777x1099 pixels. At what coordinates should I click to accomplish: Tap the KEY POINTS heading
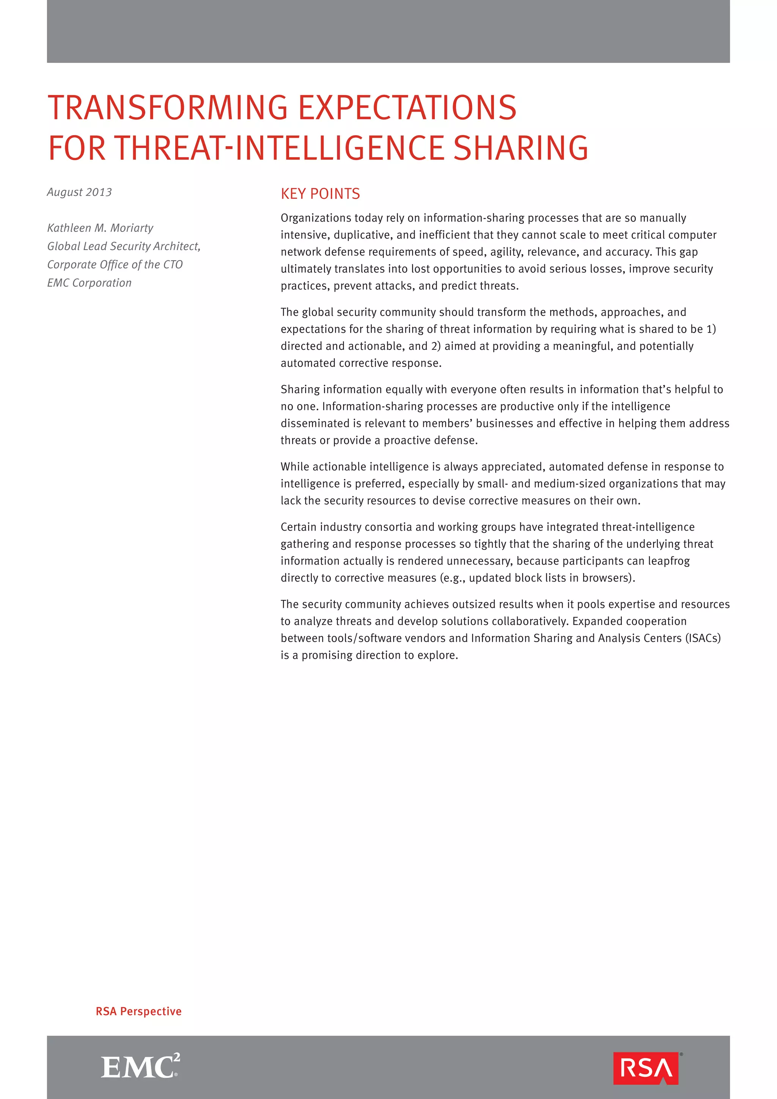click(x=320, y=194)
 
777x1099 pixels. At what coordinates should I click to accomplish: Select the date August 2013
click(x=79, y=192)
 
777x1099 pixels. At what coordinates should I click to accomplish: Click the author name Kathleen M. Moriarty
click(x=100, y=228)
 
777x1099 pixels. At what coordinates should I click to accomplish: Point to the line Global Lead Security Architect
click(x=123, y=246)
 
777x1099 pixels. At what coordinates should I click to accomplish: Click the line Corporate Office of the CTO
click(x=115, y=265)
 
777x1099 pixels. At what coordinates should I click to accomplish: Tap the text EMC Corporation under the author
click(x=89, y=283)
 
